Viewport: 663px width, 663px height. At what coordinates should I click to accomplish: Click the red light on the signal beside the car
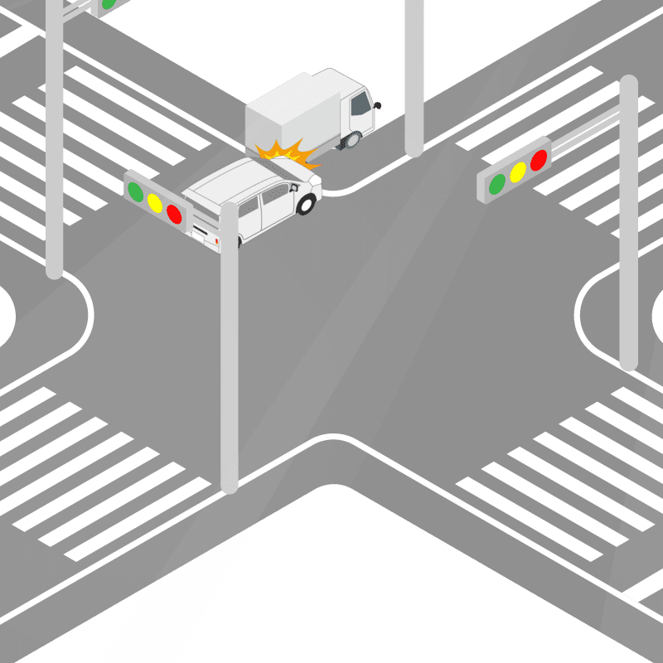tap(174, 214)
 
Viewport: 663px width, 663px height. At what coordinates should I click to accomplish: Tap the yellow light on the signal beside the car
tap(155, 202)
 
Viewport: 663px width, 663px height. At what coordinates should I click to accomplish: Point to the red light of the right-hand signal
tap(539, 160)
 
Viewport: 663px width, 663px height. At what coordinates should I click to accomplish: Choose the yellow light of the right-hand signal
tap(518, 172)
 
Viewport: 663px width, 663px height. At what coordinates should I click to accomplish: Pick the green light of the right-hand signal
tap(497, 183)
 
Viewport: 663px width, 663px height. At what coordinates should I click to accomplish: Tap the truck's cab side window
tap(361, 104)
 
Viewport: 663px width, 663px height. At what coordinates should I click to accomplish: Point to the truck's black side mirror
tap(378, 105)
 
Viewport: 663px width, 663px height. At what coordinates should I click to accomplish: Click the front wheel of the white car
tap(307, 204)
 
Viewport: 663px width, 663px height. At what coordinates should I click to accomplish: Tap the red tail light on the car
tap(217, 241)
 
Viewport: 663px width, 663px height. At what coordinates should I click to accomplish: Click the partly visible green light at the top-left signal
tap(108, 4)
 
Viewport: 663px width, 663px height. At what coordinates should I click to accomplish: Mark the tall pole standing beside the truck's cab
tap(414, 83)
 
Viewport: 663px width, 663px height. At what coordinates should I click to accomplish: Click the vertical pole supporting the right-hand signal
tap(629, 249)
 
